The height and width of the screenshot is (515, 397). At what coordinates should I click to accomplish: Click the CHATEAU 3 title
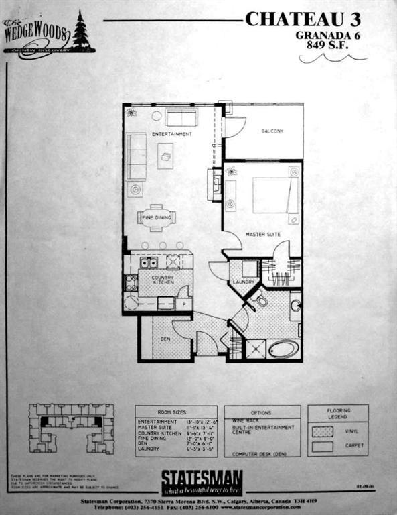tap(304, 19)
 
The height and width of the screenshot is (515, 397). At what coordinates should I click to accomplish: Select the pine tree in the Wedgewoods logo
tap(81, 31)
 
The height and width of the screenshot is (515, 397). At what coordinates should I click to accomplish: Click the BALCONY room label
tap(272, 131)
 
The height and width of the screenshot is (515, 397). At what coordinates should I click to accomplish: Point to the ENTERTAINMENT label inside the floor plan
tap(171, 134)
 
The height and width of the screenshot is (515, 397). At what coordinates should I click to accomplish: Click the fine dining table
tap(156, 217)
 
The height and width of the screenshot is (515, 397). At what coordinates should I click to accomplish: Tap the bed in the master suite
tap(275, 195)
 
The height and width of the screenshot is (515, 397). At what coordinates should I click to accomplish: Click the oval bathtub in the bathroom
tap(283, 349)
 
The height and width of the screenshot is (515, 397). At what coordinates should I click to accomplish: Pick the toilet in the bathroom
tap(260, 301)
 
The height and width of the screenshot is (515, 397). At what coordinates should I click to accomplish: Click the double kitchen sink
tap(149, 263)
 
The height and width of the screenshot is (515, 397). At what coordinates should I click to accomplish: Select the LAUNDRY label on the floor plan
tap(244, 282)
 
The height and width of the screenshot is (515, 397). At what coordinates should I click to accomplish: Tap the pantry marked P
tap(183, 304)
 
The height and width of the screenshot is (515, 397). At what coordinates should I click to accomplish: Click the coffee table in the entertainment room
tap(165, 156)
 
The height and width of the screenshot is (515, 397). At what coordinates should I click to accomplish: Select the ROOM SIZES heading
tap(175, 413)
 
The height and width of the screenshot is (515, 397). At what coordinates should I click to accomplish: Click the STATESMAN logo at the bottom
tap(202, 479)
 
